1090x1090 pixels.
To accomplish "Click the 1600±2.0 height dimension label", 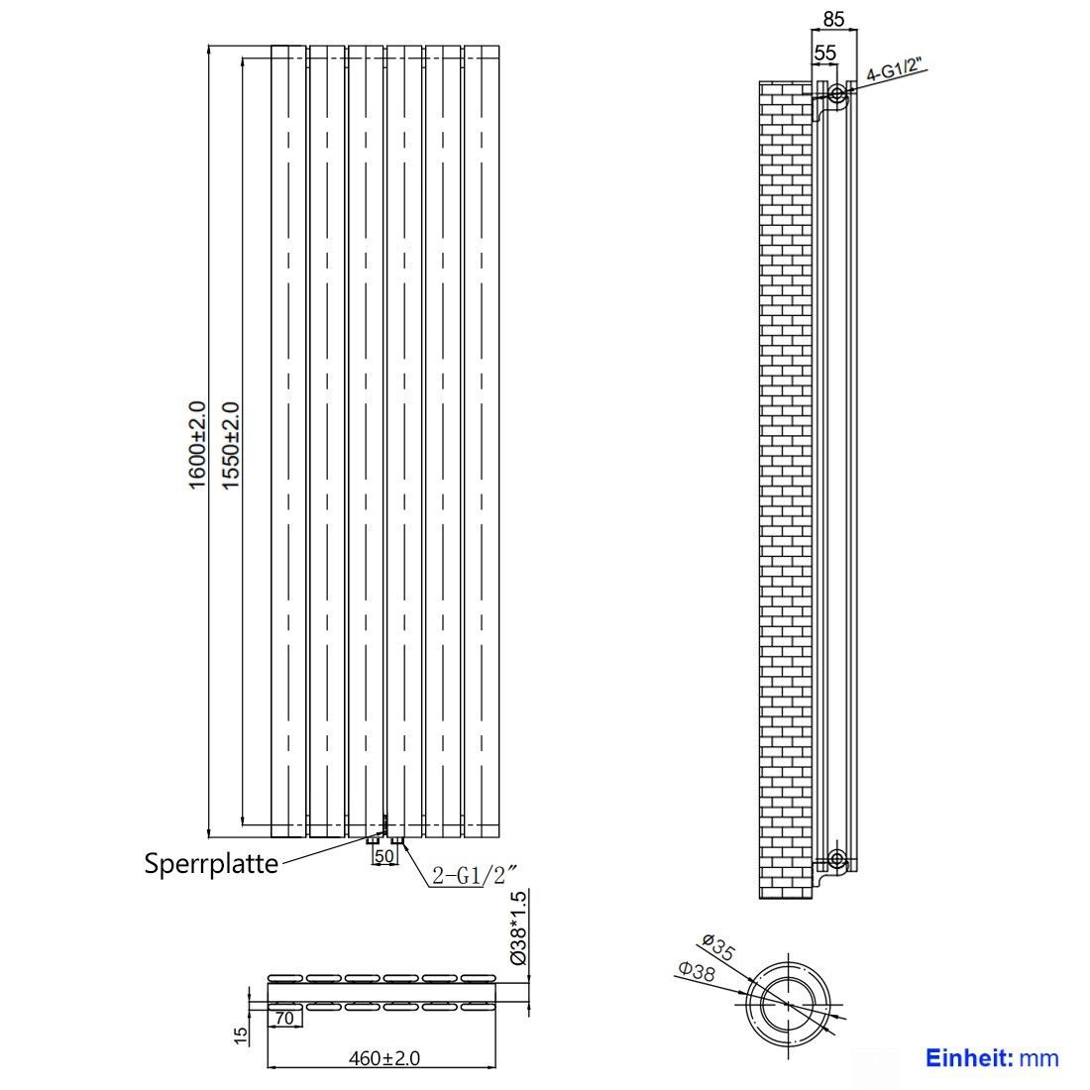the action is tap(197, 445).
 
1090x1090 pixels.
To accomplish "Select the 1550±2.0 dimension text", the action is tap(230, 446).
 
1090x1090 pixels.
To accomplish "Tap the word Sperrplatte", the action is tap(211, 863).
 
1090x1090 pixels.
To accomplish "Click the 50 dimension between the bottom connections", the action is tap(383, 856).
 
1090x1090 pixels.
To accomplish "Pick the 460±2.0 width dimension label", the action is tap(384, 1058).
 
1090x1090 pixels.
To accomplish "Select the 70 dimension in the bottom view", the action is tap(284, 1019).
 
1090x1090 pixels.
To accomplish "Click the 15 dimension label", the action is tap(241, 1035).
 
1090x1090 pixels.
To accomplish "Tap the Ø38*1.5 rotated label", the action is tap(518, 928).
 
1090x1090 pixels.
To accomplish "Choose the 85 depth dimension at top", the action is tap(833, 19).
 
